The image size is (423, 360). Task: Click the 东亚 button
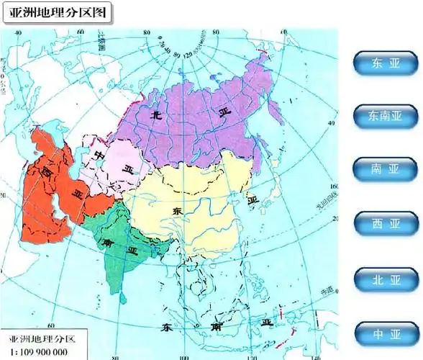click(385, 63)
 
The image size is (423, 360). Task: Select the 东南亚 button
click(385, 115)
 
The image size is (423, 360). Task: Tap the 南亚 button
click(385, 169)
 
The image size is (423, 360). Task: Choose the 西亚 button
click(385, 224)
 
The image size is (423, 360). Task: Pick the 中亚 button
click(385, 334)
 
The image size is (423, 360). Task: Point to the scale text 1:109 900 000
click(40, 351)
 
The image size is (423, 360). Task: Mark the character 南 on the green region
click(106, 242)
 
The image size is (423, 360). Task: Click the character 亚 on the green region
click(132, 250)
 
